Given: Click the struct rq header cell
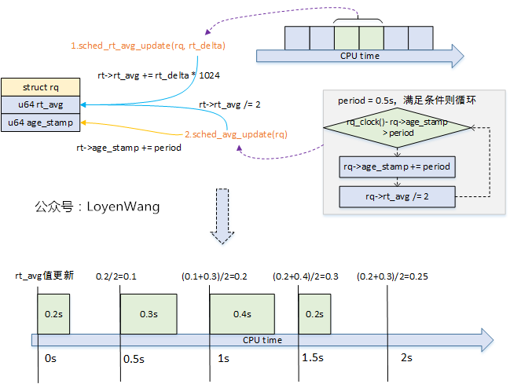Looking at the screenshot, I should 40,86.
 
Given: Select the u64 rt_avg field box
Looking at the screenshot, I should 40,104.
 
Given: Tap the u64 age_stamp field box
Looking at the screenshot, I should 40,123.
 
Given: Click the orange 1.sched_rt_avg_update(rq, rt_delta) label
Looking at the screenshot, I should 149,46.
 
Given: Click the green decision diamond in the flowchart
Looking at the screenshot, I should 397,128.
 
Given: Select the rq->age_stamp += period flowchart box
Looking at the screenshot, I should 397,167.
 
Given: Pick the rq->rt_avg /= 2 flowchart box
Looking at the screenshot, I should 397,196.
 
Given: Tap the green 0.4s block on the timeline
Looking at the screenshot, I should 241,314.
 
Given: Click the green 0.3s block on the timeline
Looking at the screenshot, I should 149,314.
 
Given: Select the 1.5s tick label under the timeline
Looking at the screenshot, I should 313,358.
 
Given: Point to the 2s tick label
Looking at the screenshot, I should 406,358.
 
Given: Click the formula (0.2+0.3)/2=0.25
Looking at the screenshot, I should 393,276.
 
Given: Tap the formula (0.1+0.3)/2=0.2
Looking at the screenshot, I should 214,276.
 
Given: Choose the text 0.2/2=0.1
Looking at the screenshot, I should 116,276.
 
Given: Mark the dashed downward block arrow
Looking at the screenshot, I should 223,216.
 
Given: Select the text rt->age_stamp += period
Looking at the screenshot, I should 129,148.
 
